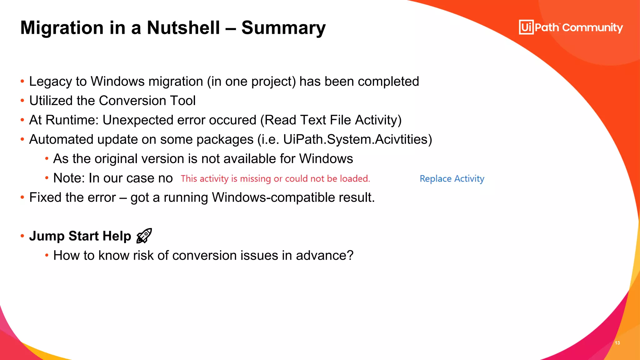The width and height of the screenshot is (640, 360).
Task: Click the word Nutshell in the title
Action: [183, 27]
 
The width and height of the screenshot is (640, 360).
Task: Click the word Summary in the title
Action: [283, 28]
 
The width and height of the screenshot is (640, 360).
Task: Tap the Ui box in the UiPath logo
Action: [526, 27]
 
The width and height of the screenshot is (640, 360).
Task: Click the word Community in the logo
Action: [592, 27]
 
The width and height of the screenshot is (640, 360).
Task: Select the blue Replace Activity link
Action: [452, 178]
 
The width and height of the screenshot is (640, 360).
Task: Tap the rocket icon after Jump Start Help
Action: [144, 236]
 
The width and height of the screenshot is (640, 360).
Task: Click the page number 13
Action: [617, 343]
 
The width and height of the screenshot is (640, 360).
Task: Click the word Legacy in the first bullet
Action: [50, 82]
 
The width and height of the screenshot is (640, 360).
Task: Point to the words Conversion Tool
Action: [147, 101]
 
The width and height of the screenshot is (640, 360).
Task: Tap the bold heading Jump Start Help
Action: [80, 236]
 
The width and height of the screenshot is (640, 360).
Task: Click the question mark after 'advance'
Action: [350, 255]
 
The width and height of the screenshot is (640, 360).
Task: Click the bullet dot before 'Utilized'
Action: [22, 101]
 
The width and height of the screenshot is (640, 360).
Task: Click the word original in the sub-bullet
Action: [116, 159]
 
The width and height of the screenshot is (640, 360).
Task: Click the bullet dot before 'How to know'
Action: [47, 255]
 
